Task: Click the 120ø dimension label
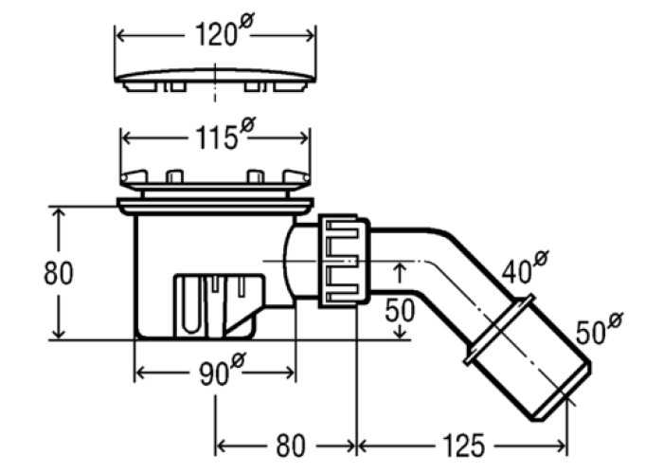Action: (x=224, y=30)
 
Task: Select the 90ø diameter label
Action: (x=222, y=370)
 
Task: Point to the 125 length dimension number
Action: (x=463, y=445)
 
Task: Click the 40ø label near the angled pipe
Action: (x=525, y=267)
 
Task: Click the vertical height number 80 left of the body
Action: (x=59, y=273)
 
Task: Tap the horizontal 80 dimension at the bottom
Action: (x=290, y=445)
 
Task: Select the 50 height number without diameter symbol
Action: (x=400, y=311)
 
